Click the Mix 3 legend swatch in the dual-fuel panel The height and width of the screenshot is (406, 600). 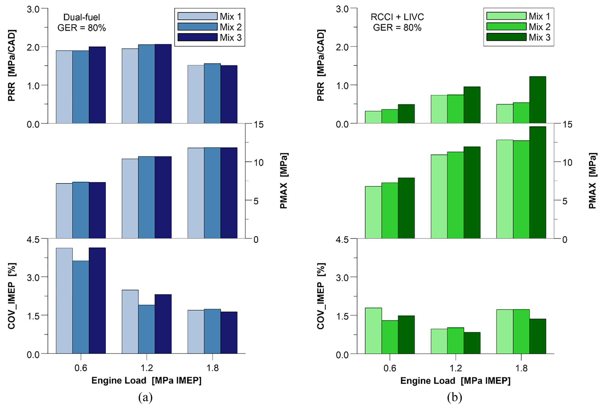pos(197,37)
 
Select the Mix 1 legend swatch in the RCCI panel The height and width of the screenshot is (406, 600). pos(506,16)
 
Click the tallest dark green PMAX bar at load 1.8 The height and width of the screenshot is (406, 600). pos(538,183)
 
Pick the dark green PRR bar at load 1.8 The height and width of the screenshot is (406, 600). pos(538,100)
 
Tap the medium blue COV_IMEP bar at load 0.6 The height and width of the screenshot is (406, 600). pos(81,307)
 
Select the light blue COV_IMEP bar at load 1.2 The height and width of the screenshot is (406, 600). pos(130,322)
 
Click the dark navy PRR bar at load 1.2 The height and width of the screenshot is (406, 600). pos(163,84)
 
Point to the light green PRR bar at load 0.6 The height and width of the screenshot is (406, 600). pos(373,117)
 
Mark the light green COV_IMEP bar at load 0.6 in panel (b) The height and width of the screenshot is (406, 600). pos(373,331)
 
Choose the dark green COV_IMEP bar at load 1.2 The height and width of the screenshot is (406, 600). pos(472,343)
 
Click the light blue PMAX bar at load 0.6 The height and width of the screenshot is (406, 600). pos(64,211)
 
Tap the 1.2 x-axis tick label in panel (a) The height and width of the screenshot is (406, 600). pos(147,368)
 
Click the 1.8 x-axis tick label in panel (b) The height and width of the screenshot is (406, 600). pos(521,368)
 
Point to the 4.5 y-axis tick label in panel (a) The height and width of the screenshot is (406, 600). pos(33,239)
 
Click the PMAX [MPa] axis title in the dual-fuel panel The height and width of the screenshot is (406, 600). pos(284,181)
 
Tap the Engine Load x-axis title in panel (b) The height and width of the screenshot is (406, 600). pos(455,381)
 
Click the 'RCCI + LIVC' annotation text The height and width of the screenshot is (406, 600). pos(397,17)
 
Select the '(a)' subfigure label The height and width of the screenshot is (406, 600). pos(145,397)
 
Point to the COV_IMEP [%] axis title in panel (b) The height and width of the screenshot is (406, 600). pos(321,296)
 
